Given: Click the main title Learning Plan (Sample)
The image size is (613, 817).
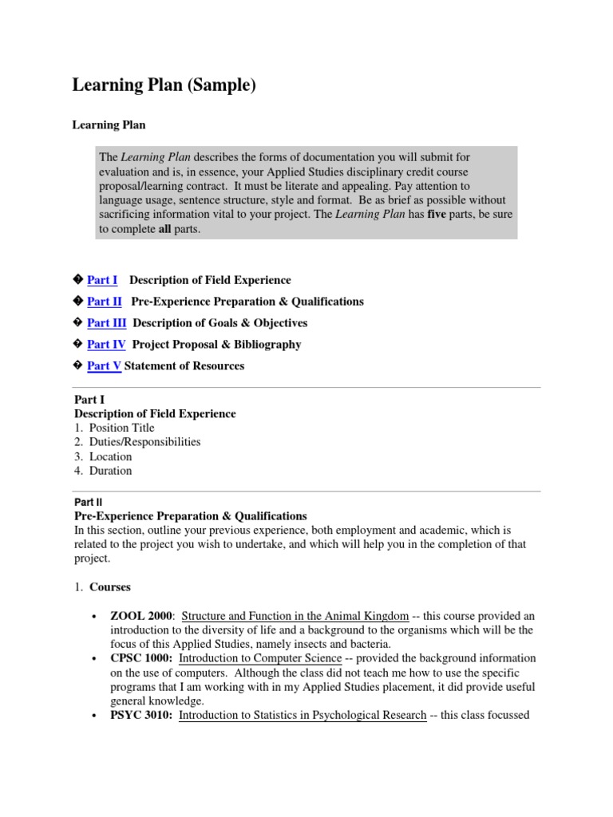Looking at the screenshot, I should pos(164,86).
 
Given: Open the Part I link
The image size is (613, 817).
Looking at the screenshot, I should pos(102,280).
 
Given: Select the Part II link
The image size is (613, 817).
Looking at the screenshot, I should pos(105,302).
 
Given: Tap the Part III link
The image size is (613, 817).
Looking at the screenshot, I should pos(106,323).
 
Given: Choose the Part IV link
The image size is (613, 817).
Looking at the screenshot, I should pos(106,345).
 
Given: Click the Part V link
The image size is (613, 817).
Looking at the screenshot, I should pos(105,366).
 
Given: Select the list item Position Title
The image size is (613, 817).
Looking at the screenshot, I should pos(121,428).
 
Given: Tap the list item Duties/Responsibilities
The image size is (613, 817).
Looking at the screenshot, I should pos(144,442).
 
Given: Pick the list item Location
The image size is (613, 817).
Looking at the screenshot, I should pos(110,456).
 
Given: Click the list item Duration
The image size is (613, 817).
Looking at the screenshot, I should pos(110,471).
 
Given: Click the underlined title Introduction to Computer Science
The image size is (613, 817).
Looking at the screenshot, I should pos(260,658).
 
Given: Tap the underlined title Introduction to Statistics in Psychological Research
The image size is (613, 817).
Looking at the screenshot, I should pos(303,715).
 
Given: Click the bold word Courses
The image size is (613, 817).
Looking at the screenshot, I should pos(110,587).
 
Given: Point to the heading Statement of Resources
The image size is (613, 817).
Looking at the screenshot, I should pos(184,366).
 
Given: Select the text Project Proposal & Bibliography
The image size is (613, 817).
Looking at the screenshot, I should pos(216,345).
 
